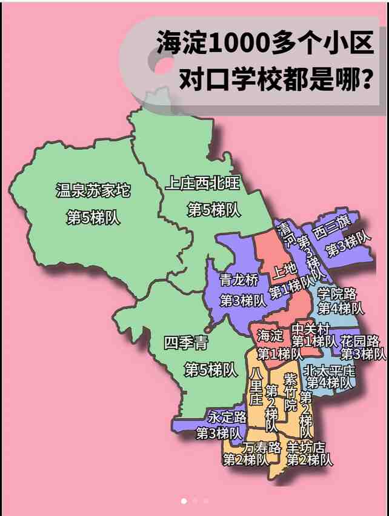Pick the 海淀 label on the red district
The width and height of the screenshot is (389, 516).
[270, 335]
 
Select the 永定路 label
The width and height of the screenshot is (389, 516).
[227, 417]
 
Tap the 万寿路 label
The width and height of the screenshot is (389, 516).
[261, 447]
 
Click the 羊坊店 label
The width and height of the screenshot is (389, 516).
[305, 447]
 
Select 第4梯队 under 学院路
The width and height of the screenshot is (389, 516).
[341, 308]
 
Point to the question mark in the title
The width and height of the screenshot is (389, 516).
[365, 79]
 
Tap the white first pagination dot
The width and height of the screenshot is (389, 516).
[184, 501]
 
